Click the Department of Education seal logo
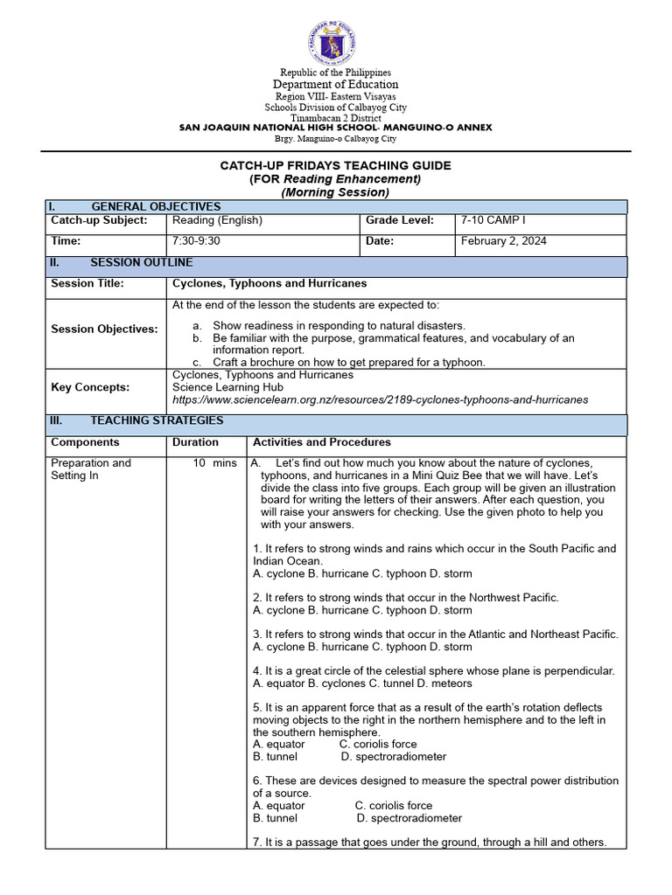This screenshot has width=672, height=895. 332,42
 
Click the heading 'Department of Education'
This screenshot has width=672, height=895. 335,85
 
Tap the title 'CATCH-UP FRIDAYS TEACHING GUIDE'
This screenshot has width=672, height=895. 336,165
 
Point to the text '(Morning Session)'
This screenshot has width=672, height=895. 335,192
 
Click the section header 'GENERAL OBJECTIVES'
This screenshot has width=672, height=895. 156,206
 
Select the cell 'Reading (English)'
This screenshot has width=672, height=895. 217,221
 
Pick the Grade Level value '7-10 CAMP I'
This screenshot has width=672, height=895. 495,221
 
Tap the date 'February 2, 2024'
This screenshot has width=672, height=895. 504,241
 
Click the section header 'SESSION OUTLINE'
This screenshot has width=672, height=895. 142,263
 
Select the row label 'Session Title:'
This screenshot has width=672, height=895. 87,284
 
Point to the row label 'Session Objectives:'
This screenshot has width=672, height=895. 104,330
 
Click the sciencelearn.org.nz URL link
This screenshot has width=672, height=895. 381,400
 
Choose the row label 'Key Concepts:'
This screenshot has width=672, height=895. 90,387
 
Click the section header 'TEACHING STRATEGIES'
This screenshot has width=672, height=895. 157,421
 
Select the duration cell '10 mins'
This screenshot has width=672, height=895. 214,463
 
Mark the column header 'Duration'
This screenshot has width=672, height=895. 195,443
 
